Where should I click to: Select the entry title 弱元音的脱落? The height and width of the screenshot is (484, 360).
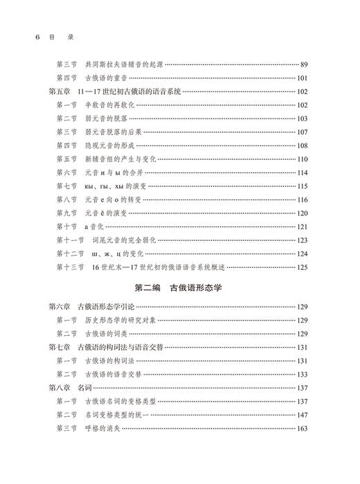(108, 118)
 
